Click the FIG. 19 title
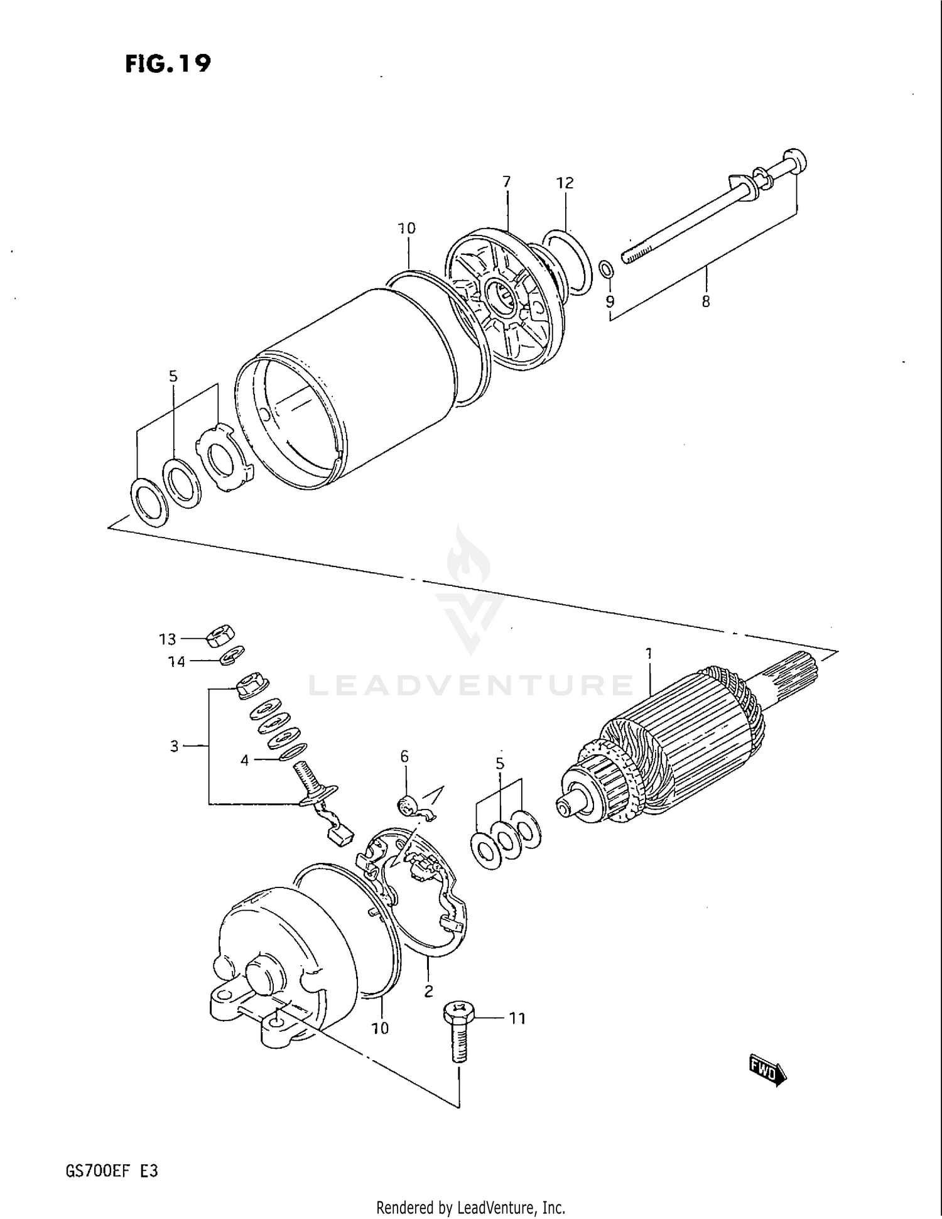pos(168,63)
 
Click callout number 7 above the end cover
pos(506,181)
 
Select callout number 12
pos(565,183)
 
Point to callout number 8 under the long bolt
pos(706,301)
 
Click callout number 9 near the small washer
pos(610,301)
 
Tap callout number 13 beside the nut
pos(167,639)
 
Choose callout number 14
pos(176,661)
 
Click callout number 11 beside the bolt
pos(517,1018)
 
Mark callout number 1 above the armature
pos(649,654)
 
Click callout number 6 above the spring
pos(404,756)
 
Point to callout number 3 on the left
pos(175,746)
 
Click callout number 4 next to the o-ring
pos(244,761)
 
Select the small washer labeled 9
pos(607,269)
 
